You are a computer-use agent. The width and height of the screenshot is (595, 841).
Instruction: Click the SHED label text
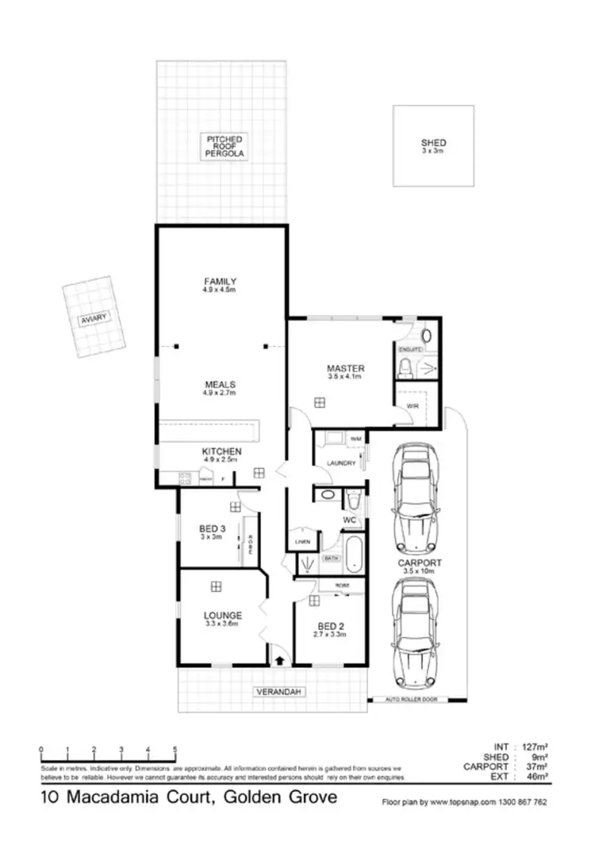click(x=433, y=144)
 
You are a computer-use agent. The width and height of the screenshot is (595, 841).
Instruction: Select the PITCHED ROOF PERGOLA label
click(x=225, y=145)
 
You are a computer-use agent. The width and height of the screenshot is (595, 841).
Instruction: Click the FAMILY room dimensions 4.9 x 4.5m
click(x=220, y=290)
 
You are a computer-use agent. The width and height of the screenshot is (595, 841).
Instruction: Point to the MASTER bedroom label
click(x=345, y=368)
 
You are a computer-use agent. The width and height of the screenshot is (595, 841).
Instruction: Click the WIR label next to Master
click(x=412, y=405)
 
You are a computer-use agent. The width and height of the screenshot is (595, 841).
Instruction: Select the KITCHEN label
click(x=221, y=451)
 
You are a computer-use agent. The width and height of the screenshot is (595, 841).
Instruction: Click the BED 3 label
click(x=210, y=528)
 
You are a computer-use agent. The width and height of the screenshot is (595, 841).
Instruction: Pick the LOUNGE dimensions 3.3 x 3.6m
click(x=221, y=624)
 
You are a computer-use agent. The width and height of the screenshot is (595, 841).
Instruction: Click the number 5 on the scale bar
click(x=174, y=750)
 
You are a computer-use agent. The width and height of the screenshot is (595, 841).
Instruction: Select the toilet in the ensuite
click(x=405, y=366)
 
